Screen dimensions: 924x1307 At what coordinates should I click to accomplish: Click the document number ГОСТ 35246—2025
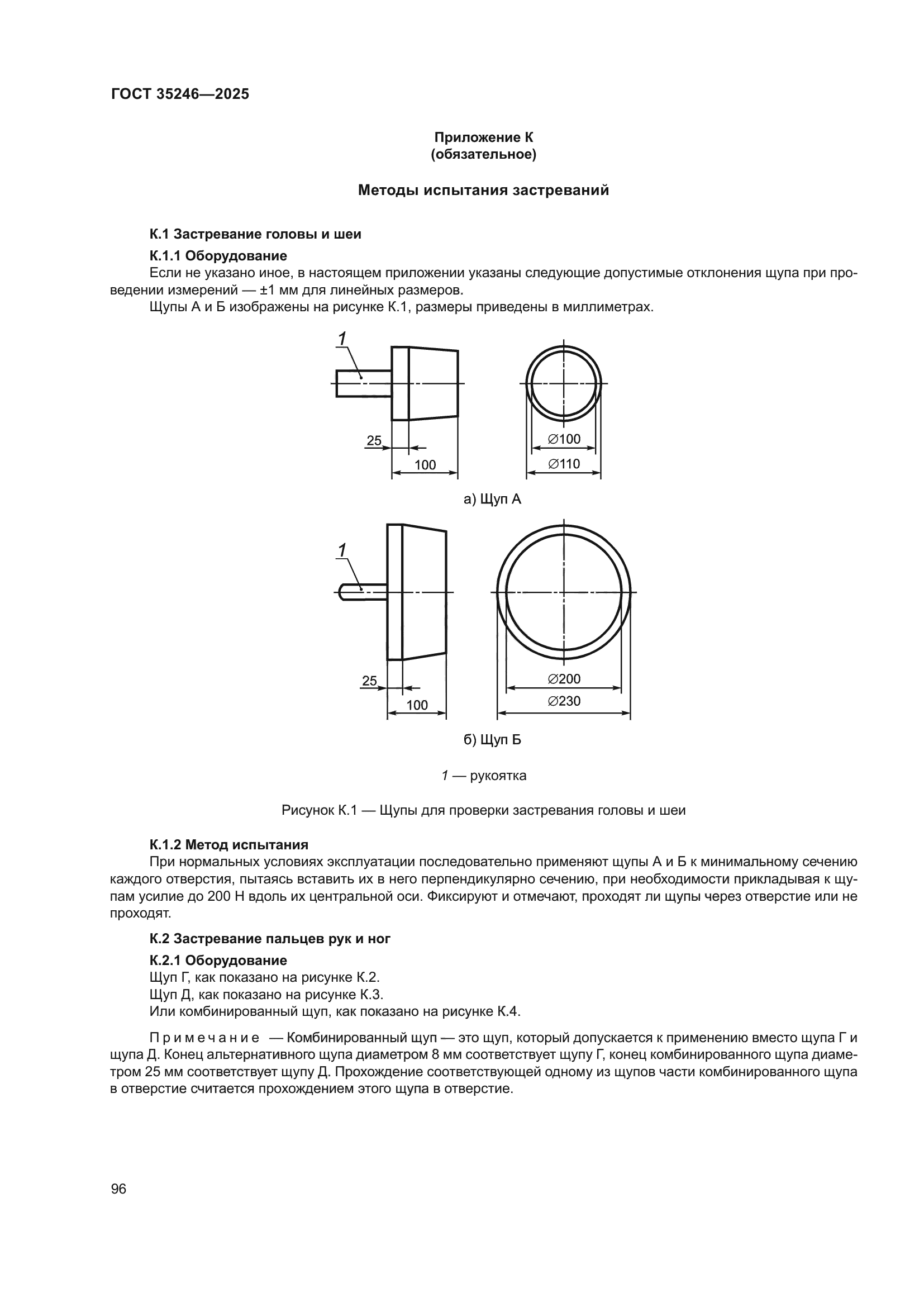coord(180,94)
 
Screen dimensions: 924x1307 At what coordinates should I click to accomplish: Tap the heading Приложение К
coord(484,137)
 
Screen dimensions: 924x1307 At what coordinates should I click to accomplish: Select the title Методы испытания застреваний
coord(483,190)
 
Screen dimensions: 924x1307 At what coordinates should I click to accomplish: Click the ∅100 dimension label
coord(564,439)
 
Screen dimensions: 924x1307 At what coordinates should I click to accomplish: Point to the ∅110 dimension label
coord(564,464)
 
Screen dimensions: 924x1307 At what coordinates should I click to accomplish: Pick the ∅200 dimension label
coord(564,679)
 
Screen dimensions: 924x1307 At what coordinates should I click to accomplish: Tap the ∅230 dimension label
coord(564,701)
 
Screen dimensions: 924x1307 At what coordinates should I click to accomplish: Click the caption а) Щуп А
coord(493,500)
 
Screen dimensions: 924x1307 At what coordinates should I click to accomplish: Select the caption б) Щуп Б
coord(493,740)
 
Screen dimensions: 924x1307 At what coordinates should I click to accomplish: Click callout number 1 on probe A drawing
coord(342,339)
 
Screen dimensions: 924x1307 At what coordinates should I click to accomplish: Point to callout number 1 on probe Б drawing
coord(342,550)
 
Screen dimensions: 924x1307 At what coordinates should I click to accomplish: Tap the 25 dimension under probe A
coord(374,440)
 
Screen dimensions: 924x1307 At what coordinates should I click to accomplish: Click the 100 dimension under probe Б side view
coord(417,705)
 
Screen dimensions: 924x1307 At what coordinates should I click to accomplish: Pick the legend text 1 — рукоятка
coord(484,776)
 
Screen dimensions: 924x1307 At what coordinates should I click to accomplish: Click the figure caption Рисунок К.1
coord(483,810)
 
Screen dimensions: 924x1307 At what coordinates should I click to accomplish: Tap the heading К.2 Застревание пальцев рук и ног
coord(270,939)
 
